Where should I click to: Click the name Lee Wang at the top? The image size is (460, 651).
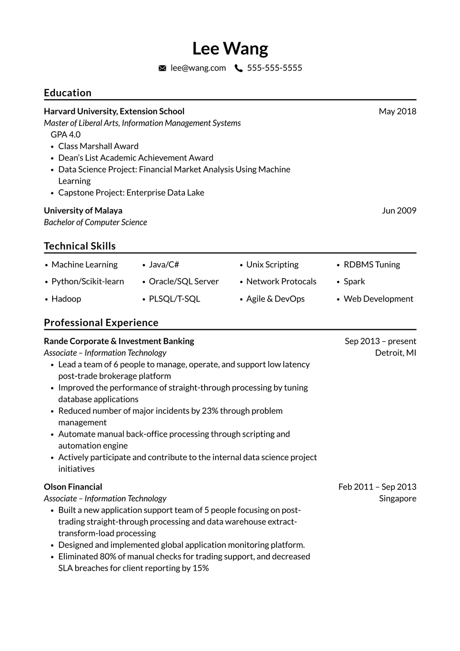point(230,48)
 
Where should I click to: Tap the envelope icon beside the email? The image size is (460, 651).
point(162,68)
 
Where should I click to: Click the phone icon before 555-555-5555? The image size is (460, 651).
point(238,68)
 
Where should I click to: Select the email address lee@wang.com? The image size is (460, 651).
point(198,68)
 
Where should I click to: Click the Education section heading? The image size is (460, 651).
point(68,93)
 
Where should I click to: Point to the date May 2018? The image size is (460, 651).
point(397,111)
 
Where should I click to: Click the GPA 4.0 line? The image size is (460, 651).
point(66,135)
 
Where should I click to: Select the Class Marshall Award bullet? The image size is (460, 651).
point(98,146)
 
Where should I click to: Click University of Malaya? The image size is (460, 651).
point(83,210)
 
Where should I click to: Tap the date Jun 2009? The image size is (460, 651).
point(399,210)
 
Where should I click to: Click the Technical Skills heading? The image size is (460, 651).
point(80,246)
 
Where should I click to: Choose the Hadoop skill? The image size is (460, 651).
point(66,299)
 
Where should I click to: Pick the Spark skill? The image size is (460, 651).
point(354,281)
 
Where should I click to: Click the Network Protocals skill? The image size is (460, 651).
point(281,281)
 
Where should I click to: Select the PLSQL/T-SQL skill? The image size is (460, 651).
point(174,299)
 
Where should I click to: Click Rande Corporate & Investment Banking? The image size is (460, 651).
point(119,341)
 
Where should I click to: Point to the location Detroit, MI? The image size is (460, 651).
point(395,353)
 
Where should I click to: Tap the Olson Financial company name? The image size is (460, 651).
point(73,487)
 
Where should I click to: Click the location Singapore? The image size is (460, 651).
point(397,499)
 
